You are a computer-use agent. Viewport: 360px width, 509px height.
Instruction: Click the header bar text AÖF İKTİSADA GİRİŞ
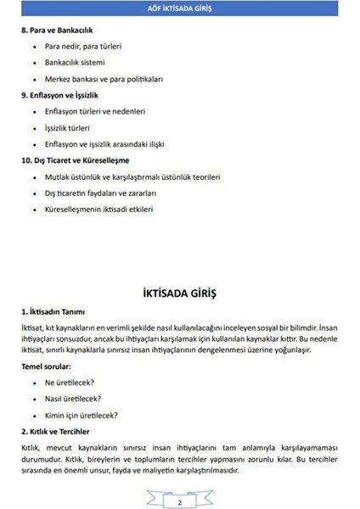tap(179, 8)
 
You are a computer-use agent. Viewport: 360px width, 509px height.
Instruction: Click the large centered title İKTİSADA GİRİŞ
tap(179, 294)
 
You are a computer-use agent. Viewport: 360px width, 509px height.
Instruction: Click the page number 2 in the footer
tap(180, 502)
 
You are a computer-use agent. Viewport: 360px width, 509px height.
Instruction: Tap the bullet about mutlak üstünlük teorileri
tap(132, 176)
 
